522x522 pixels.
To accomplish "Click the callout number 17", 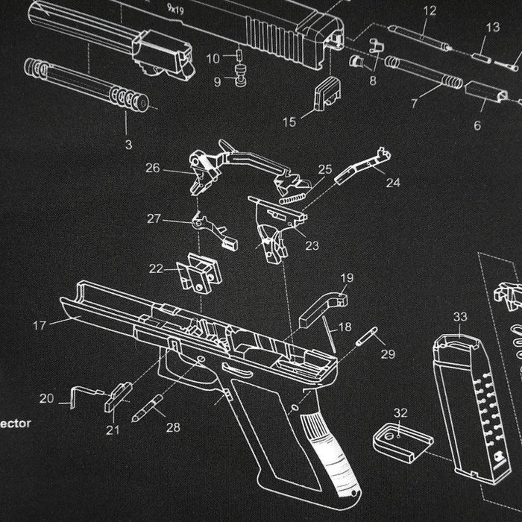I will [40, 326].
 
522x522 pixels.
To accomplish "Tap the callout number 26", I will [153, 169].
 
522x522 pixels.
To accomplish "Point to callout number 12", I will [430, 10].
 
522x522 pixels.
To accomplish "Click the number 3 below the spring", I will [128, 144].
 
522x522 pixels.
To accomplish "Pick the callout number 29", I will [388, 354].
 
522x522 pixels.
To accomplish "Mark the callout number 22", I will [156, 268].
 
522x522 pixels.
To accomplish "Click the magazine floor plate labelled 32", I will [403, 439].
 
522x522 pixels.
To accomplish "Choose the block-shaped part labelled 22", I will [199, 274].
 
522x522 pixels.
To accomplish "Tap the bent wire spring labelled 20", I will [84, 394].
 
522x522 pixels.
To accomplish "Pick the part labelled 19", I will [322, 306].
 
